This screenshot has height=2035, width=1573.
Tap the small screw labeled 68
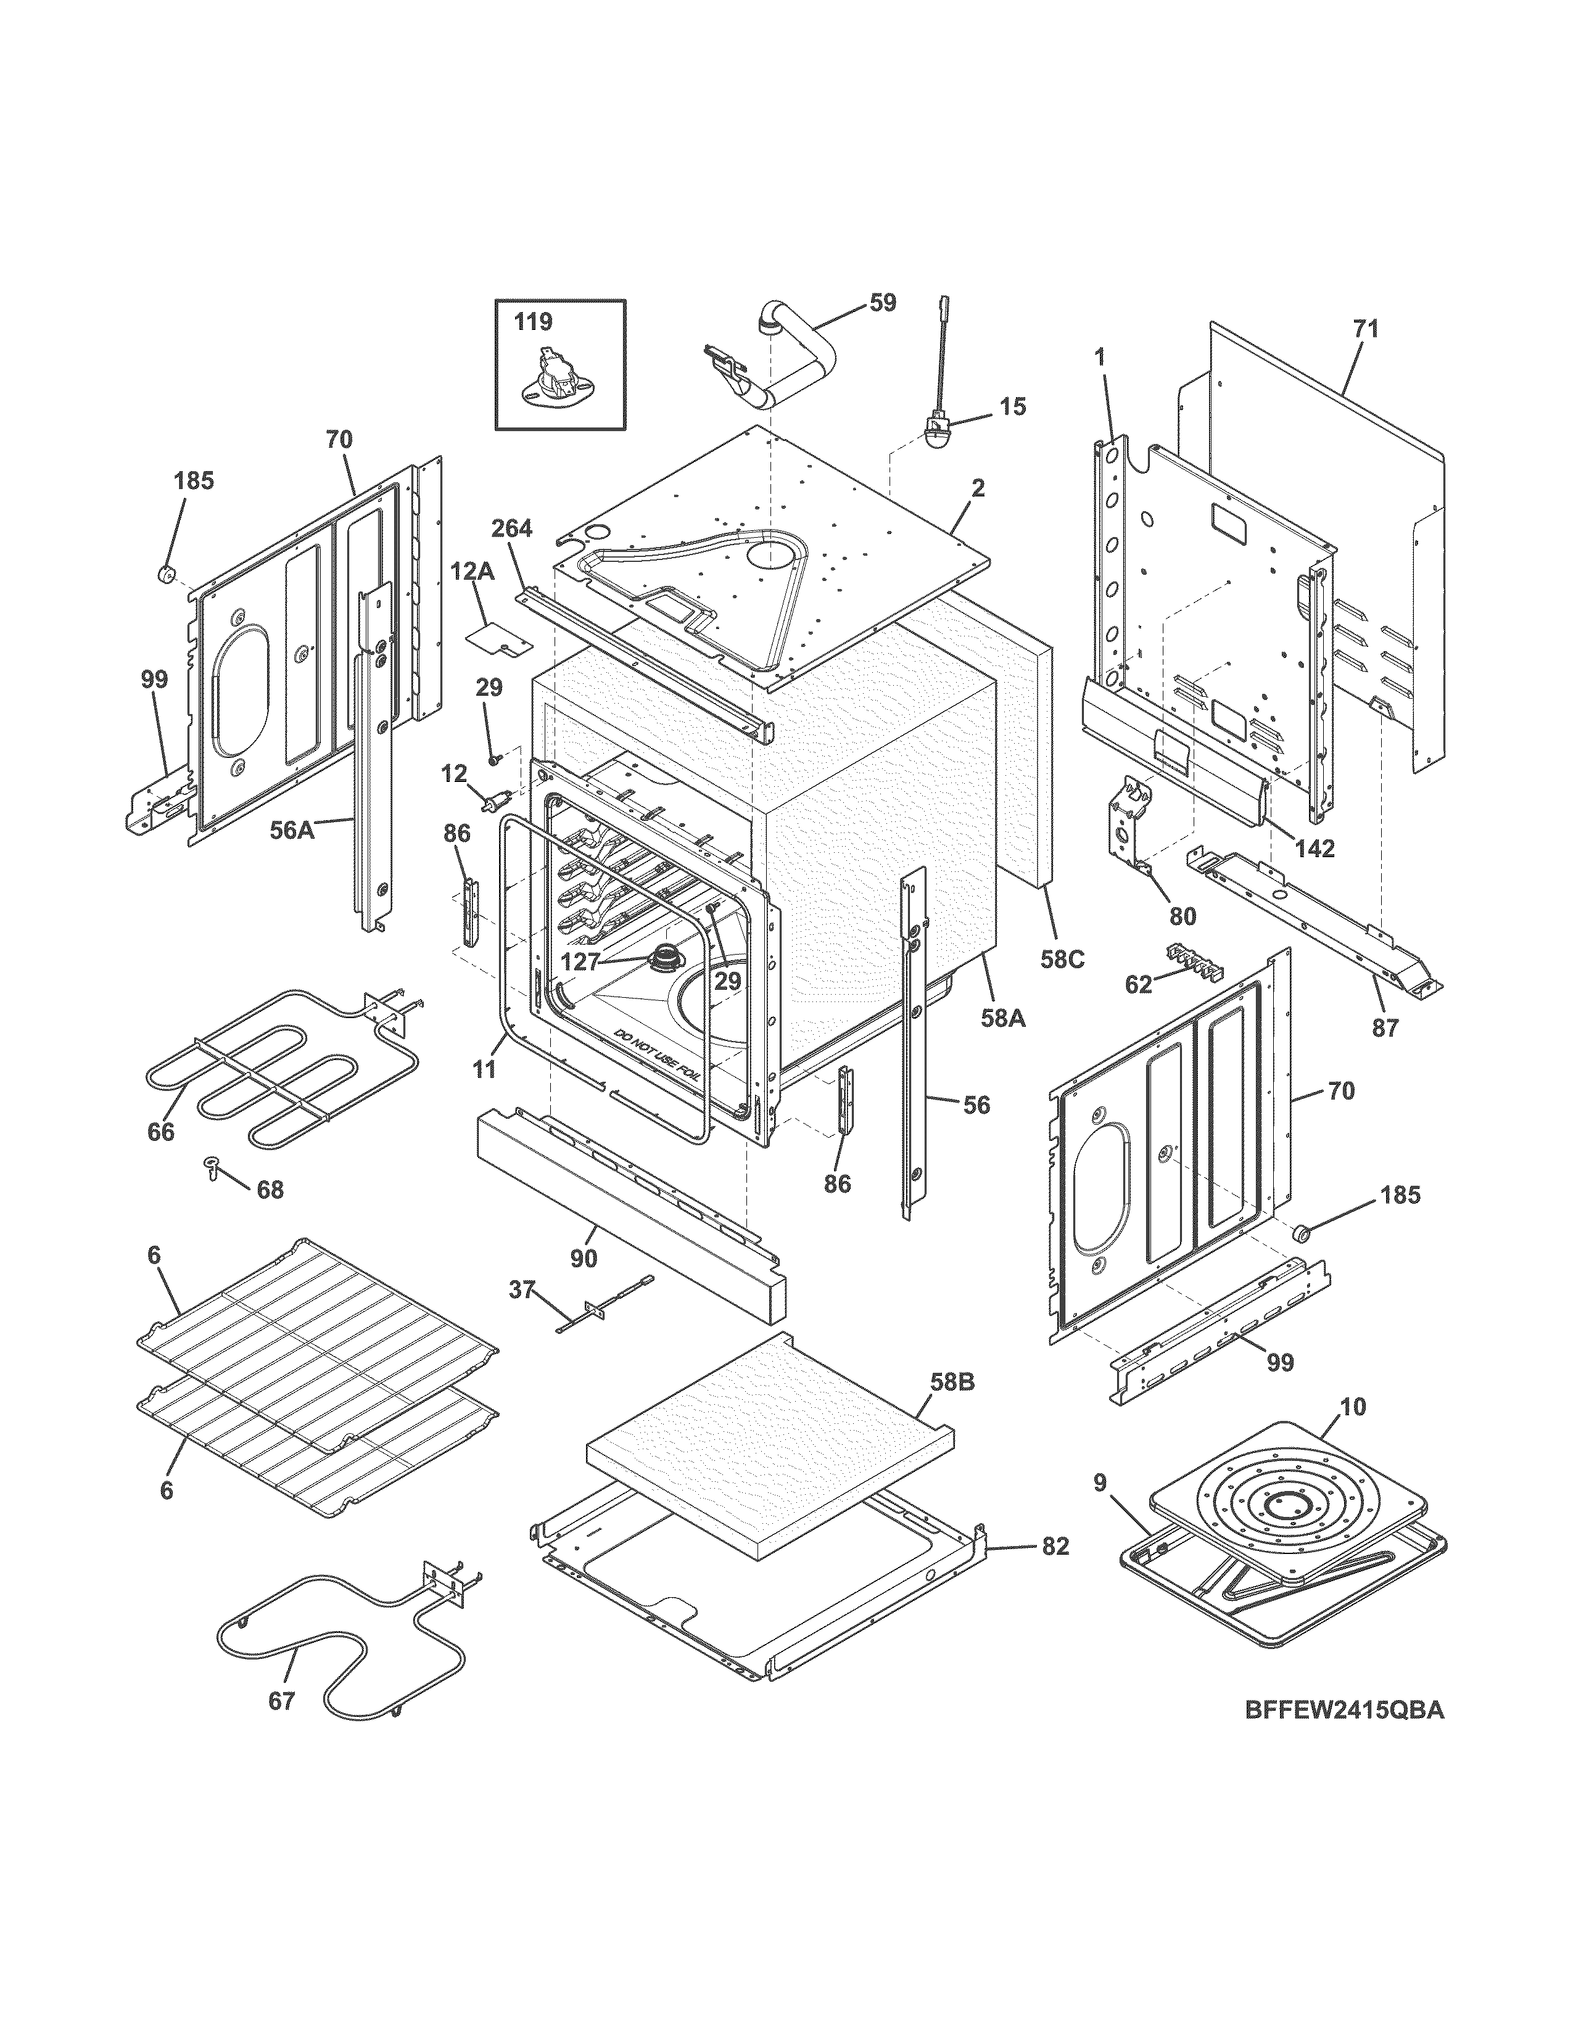point(212,1167)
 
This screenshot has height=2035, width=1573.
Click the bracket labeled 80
point(1129,820)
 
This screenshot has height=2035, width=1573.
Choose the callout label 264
point(511,529)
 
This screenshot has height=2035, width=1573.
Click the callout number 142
point(1314,849)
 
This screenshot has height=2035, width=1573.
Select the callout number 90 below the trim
point(584,1258)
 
